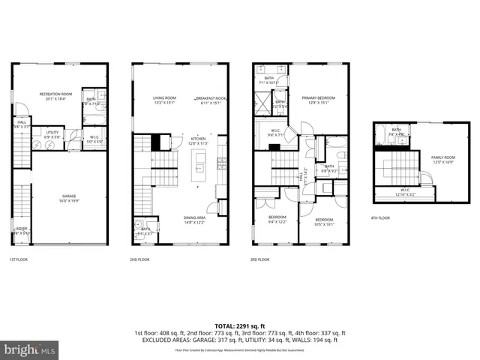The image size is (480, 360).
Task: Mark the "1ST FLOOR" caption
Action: point(19,259)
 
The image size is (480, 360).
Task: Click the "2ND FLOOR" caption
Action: point(139,259)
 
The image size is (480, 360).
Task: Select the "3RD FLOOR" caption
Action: point(259,259)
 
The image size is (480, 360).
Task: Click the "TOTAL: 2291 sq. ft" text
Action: point(239,325)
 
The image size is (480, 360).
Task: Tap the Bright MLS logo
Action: point(30,349)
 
